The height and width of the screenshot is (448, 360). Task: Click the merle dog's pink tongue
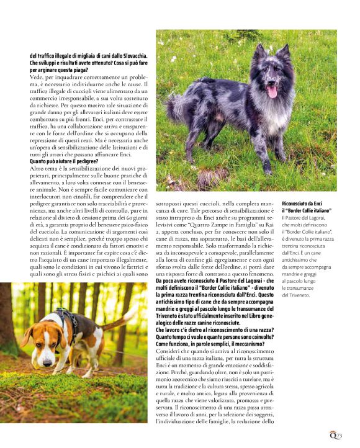pos(271,92)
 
